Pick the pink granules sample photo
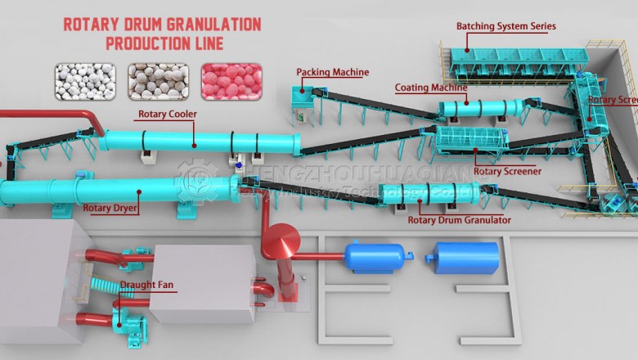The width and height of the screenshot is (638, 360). pyautogui.click(x=231, y=81)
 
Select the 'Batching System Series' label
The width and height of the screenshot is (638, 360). pyautogui.click(x=506, y=26)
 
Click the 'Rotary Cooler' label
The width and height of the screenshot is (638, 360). pyautogui.click(x=167, y=114)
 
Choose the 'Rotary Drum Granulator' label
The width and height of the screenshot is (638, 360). pyautogui.click(x=459, y=220)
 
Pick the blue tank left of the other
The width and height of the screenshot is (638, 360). pyautogui.click(x=374, y=256)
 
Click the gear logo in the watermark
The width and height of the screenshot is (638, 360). pyautogui.click(x=196, y=180)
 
